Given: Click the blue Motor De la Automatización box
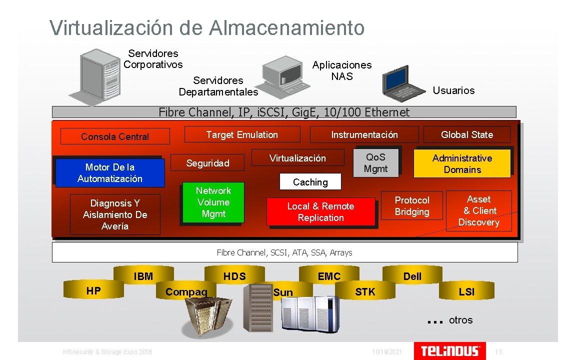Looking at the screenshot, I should [x=109, y=172].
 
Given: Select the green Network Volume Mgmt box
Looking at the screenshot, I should [x=213, y=202].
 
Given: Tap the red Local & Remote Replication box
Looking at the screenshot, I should [x=320, y=212].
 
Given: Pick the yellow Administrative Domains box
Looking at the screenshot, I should [x=462, y=163].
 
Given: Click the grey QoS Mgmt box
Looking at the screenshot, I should [x=375, y=163].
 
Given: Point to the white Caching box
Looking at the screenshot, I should [x=310, y=182].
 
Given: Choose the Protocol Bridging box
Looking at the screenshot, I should [x=412, y=205].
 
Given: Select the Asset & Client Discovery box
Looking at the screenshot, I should [x=478, y=210].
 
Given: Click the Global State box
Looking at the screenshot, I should [x=466, y=134].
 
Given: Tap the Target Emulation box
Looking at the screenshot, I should [x=242, y=134].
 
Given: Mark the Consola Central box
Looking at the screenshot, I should [x=115, y=136].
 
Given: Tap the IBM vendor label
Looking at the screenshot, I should [x=143, y=276].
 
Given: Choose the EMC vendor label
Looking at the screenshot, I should [x=329, y=276].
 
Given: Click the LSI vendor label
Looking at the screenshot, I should [x=466, y=291].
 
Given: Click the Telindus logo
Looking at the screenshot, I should [x=450, y=350].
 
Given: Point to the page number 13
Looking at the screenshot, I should [x=498, y=352].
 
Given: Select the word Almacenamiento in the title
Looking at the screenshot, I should [x=287, y=27].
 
